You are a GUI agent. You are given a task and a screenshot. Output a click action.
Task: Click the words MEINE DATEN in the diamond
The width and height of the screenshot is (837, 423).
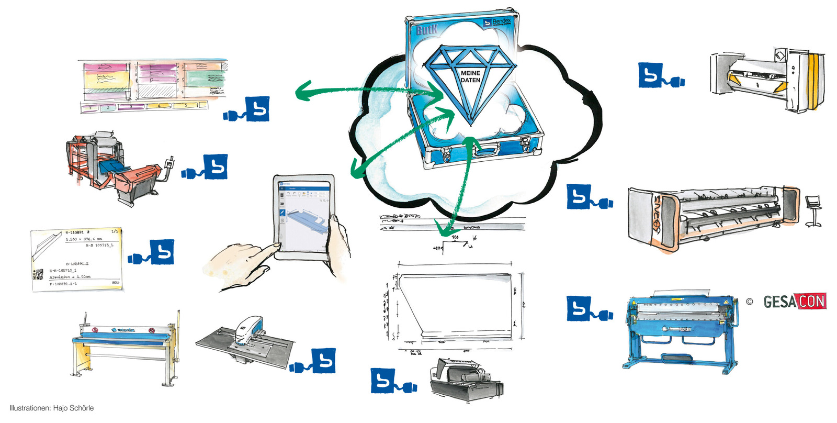pyautogui.click(x=470, y=77)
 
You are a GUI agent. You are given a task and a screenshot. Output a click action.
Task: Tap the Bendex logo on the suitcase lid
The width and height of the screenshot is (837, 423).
pyautogui.click(x=497, y=23)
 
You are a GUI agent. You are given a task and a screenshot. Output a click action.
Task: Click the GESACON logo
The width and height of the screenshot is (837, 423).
pyautogui.click(x=794, y=302)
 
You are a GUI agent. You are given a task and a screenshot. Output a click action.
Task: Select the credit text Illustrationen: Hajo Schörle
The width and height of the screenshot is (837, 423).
pyautogui.click(x=52, y=408)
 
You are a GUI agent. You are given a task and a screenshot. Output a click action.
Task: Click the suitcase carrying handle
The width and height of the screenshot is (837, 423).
pyautogui.click(x=486, y=151)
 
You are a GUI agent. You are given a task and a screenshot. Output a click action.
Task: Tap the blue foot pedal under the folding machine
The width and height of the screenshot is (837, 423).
pyautogui.click(x=677, y=359)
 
